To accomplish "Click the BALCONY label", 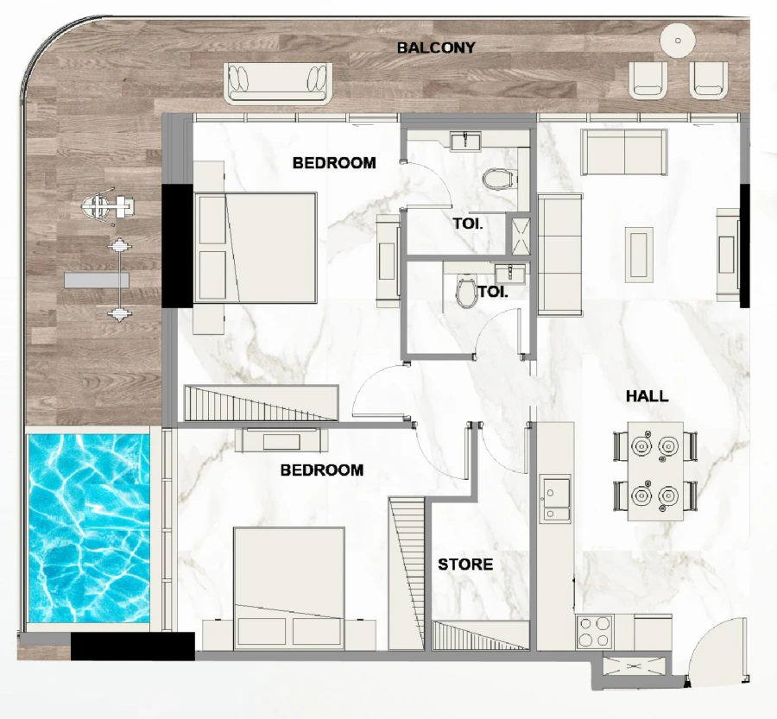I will (x=435, y=47).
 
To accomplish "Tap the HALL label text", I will (x=647, y=396).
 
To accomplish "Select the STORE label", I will (x=465, y=564).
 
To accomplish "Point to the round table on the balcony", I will (x=678, y=40).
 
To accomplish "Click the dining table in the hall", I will (x=654, y=471).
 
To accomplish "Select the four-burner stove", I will (x=595, y=632).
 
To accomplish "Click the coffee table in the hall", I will (x=638, y=252).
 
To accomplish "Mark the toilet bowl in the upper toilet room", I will (x=496, y=180).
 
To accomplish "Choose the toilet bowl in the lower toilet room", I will (x=467, y=292).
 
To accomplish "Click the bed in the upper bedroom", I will (x=256, y=248).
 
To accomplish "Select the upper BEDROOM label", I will (x=334, y=162).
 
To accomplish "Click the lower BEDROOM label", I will (x=322, y=470).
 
